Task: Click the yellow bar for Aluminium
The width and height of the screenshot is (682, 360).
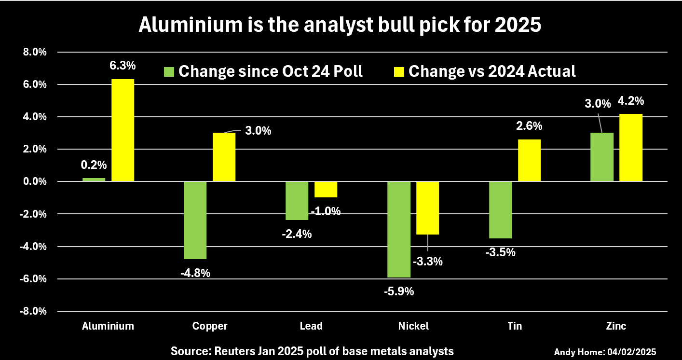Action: click(x=123, y=130)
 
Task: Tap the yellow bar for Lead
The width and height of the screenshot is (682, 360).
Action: click(x=326, y=189)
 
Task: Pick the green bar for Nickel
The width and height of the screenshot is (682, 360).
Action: click(x=399, y=229)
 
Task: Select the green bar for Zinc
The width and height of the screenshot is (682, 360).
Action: click(x=602, y=157)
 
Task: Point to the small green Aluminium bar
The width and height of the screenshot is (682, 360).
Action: click(x=94, y=180)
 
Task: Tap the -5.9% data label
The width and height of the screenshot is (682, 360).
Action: click(x=399, y=291)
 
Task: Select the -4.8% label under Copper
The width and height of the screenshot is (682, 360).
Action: click(x=195, y=273)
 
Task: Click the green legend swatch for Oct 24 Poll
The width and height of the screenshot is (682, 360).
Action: click(x=169, y=71)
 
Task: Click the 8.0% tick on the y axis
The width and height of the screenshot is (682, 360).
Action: click(x=33, y=52)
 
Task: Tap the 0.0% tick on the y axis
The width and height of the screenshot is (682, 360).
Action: click(x=33, y=181)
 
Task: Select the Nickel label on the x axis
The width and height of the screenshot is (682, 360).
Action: click(x=413, y=326)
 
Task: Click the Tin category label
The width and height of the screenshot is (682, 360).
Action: click(x=515, y=326)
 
